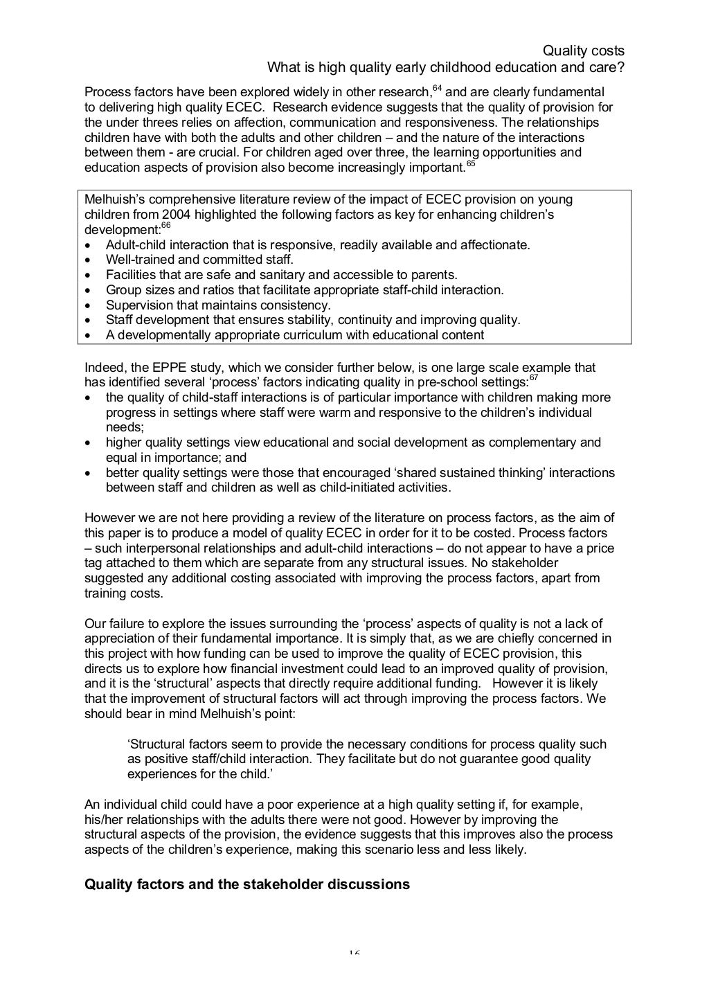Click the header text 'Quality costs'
coord(583,51)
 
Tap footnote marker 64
coord(436,88)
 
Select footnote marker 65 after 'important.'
coord(470,163)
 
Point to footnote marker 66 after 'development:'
coord(165,225)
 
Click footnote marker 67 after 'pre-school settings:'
coord(533,378)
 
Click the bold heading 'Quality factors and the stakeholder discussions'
coord(246,884)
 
